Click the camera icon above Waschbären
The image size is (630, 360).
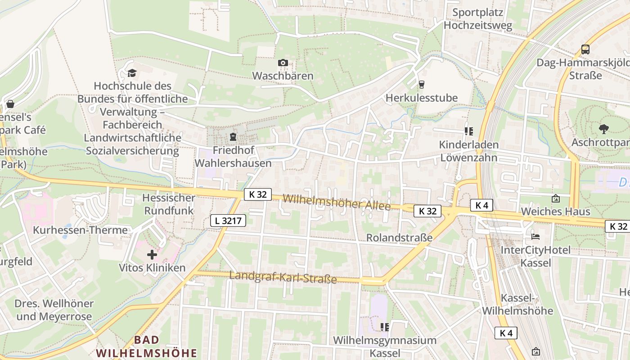[x=283, y=63]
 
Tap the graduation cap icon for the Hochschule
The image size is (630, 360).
[x=131, y=73]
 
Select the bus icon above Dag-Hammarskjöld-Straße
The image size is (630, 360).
[x=585, y=49]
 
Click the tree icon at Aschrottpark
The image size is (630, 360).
[x=603, y=129]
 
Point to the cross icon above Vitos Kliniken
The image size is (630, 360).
[x=152, y=255]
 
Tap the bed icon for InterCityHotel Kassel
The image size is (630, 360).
[x=535, y=236]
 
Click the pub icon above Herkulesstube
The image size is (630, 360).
[x=421, y=84]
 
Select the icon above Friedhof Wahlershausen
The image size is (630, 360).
[x=233, y=136]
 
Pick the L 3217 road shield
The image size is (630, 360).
[x=228, y=220]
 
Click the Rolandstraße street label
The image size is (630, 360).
[x=399, y=237]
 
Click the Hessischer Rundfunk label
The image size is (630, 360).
[x=169, y=204]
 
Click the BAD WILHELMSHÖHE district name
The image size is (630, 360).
[x=147, y=346]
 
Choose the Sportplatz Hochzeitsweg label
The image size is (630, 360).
[x=477, y=19]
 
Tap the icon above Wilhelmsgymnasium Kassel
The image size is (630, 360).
[x=384, y=327]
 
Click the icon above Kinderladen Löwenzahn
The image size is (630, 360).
[x=468, y=131]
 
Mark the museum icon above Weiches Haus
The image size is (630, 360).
[x=555, y=198]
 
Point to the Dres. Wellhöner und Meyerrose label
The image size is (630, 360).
[x=54, y=310]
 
